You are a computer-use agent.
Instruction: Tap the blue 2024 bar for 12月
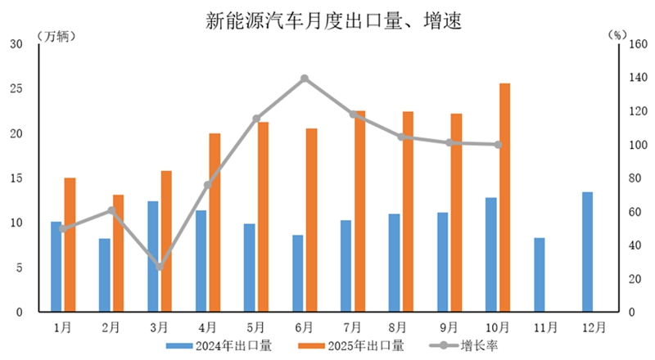pos(587,252)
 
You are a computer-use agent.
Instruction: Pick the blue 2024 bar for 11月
pos(539,275)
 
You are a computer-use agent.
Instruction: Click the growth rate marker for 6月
pos(305,79)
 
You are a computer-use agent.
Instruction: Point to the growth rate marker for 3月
pos(160,267)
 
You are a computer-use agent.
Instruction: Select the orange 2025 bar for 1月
pos(70,245)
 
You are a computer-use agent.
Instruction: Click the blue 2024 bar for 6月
pos(297,273)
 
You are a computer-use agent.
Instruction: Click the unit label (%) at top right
pos(617,37)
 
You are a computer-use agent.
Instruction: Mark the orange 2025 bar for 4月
pos(215,223)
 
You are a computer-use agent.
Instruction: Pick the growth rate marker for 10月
pos(498,145)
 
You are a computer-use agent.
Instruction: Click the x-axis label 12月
pos(594,326)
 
